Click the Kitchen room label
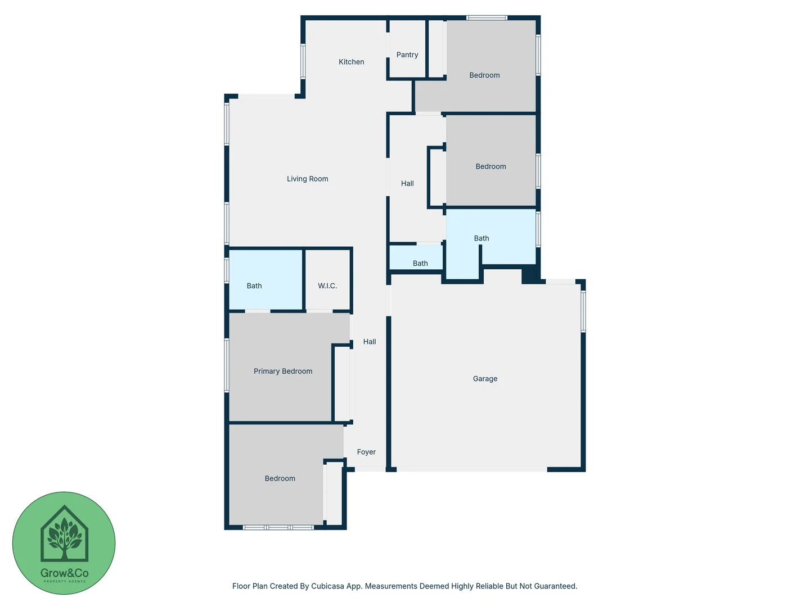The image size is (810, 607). click(351, 62)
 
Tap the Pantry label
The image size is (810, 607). click(407, 55)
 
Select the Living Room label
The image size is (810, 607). click(307, 179)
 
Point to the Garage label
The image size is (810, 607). click(485, 379)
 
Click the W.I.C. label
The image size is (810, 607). click(327, 286)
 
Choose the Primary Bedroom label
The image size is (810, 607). click(283, 371)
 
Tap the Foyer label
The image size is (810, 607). click(366, 452)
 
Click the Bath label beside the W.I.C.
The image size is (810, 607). click(254, 286)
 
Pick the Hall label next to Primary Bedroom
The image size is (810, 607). click(370, 341)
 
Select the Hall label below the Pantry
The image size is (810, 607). click(407, 183)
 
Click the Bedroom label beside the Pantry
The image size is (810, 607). click(484, 75)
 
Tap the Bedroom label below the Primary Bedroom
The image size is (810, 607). click(280, 478)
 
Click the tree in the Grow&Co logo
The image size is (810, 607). click(65, 537)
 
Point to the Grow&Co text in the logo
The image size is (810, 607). click(64, 573)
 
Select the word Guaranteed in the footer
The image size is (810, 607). click(555, 586)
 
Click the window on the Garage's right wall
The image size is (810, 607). click(583, 311)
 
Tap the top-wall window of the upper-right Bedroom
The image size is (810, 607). click(487, 18)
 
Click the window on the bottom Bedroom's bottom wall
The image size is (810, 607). click(278, 527)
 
